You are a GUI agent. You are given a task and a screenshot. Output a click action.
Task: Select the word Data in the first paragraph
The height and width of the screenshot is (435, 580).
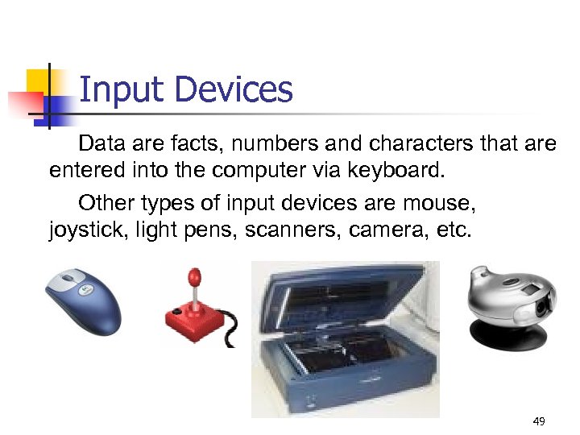coord(97,144)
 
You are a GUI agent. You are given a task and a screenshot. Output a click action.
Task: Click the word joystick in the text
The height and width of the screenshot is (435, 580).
coord(82,230)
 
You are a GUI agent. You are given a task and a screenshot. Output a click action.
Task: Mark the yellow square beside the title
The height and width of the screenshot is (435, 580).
coord(40,81)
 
